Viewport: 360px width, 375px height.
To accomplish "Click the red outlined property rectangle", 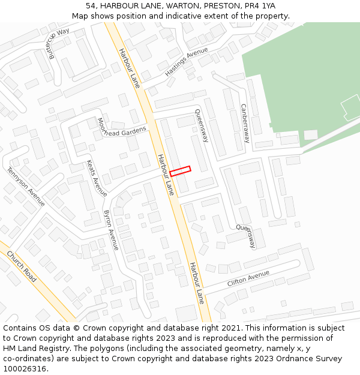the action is click(x=180, y=171).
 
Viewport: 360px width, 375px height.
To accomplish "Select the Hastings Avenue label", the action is click(x=186, y=62).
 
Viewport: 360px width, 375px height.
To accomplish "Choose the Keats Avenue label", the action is click(x=97, y=178).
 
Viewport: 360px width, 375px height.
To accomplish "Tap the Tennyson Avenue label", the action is click(x=26, y=187).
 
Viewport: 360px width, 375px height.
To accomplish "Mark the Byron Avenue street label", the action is click(x=112, y=230).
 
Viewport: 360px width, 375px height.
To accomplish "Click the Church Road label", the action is click(x=22, y=267).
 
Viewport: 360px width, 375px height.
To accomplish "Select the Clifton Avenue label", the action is click(x=248, y=279).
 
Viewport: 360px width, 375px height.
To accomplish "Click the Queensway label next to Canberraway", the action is click(x=202, y=125).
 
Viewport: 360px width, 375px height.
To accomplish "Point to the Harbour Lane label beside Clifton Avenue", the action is click(x=197, y=283).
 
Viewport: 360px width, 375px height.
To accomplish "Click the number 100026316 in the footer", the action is click(x=24, y=368).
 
